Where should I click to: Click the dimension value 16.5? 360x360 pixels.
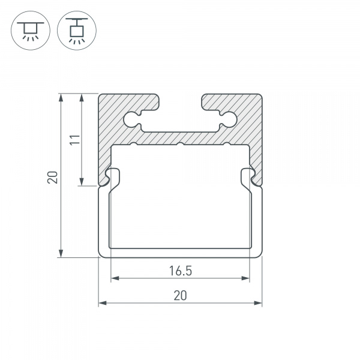[181, 271]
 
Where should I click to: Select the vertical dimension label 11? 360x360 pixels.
[76, 140]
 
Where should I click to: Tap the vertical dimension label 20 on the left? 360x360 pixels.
[53, 177]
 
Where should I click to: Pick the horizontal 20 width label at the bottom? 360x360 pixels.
[180, 295]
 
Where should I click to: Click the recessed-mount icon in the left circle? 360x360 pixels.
[31, 31]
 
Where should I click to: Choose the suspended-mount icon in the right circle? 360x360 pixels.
[77, 31]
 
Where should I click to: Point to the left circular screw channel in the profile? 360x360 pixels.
[131, 119]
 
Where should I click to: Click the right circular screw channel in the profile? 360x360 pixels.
[229, 119]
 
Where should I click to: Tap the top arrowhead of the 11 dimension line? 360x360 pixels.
[82, 98]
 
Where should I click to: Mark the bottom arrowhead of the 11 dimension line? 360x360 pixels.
[82, 181]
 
